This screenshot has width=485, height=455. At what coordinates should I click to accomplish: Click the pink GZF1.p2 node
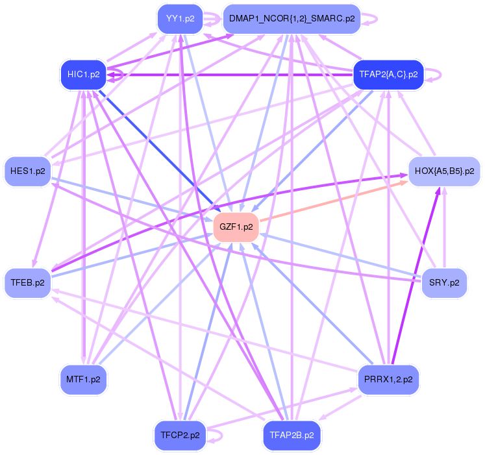236,227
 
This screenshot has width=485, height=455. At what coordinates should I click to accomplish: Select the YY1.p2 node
180,18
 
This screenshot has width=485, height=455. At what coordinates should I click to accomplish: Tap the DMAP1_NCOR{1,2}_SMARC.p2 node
292,18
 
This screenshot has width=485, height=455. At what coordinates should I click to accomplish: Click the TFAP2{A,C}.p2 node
388,74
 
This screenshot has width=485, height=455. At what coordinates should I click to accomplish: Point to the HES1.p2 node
28,171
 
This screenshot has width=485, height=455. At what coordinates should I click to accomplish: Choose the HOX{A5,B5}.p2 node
444,172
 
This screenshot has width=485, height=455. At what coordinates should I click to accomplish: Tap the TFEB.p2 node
28,283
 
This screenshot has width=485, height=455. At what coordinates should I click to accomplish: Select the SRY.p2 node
444,283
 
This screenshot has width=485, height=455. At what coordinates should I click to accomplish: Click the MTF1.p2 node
83,378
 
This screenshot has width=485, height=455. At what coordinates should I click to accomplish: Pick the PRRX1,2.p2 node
388,378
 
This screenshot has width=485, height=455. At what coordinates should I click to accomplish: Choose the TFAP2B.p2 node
292,435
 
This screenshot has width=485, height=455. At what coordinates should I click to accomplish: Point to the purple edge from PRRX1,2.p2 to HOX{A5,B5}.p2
416,273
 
